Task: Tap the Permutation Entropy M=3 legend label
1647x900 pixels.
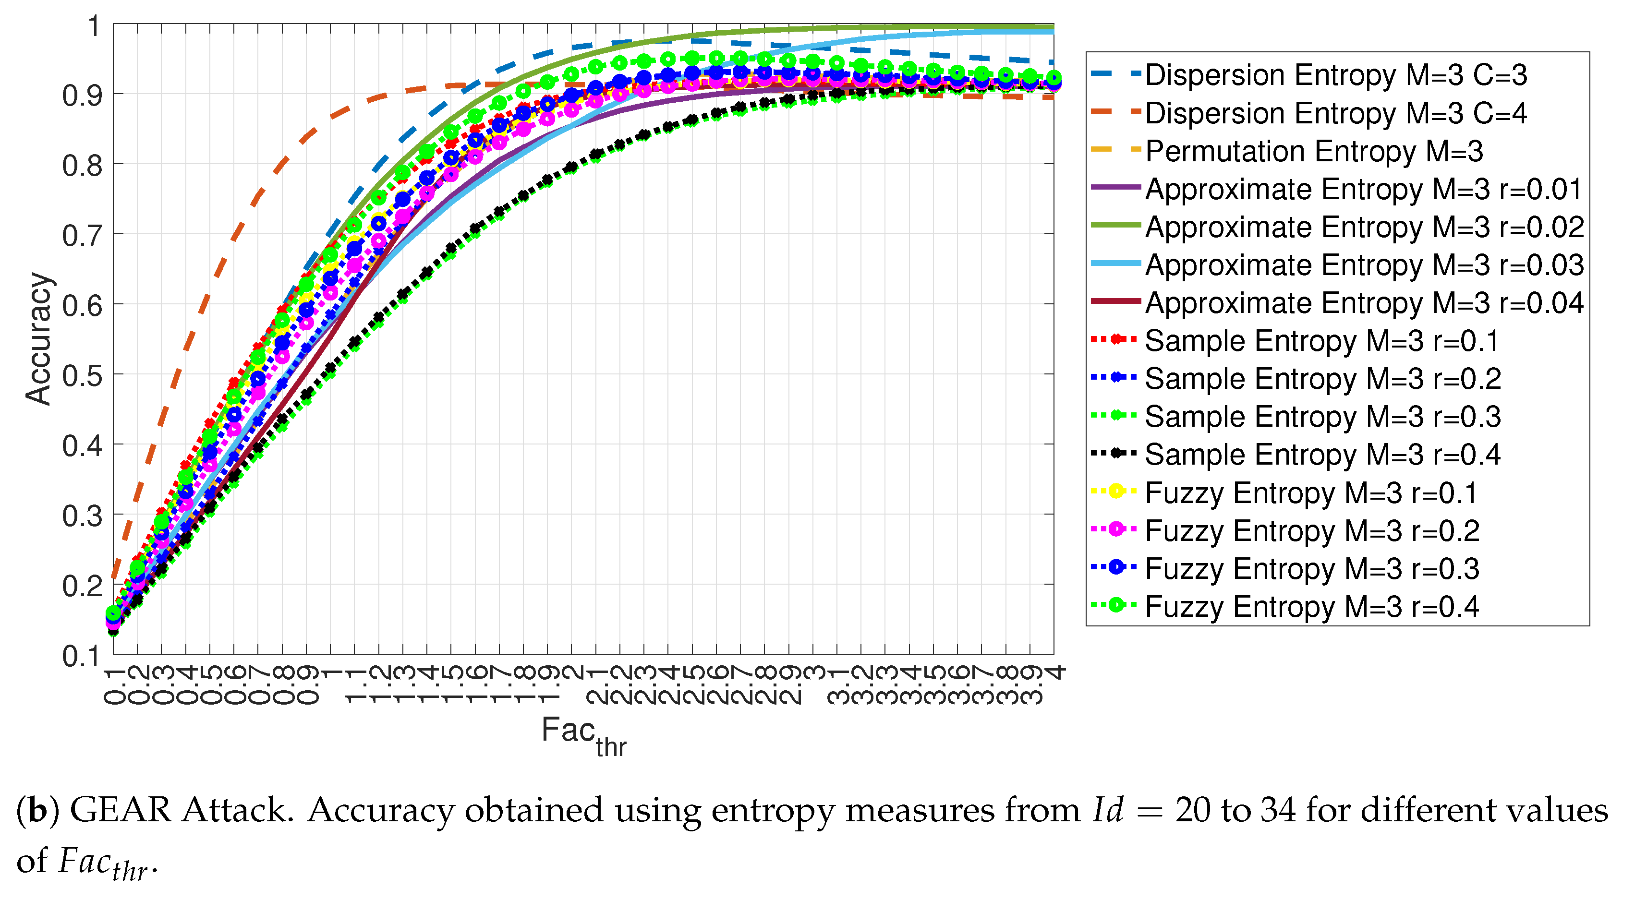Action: [1313, 152]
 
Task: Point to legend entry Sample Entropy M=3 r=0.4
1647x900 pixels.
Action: [1322, 455]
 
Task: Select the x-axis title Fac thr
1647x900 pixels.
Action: [583, 735]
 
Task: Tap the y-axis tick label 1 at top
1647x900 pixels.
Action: [93, 27]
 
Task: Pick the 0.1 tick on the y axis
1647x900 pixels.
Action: [82, 656]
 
